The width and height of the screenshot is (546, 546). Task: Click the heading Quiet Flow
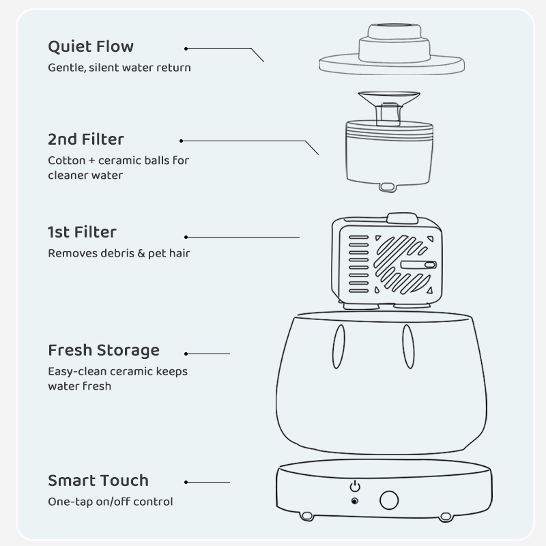pos(91,47)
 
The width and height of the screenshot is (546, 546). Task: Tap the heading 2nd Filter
pos(86,140)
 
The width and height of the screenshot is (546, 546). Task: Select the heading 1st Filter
pos(82,233)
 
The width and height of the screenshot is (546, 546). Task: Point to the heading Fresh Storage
pos(104,351)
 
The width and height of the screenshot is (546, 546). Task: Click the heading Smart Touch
pos(98,480)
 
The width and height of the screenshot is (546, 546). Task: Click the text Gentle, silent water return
pos(119,68)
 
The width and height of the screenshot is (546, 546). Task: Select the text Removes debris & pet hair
pos(119,253)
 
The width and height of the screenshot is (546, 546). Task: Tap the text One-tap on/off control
pos(111,502)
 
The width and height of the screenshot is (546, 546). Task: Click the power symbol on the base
pos(354,487)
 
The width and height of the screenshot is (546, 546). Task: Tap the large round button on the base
pos(389,500)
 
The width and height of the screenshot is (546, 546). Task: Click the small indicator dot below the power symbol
pos(354,502)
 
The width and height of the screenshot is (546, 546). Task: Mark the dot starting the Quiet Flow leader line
pos(186,48)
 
